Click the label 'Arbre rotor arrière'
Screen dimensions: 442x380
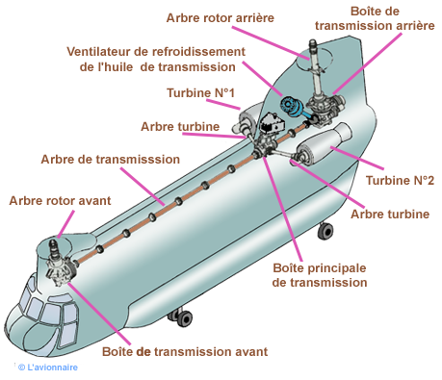point(221,18)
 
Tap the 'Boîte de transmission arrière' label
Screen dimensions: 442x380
point(375,18)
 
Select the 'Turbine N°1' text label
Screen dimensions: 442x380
point(200,93)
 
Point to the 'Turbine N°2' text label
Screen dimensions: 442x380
point(400,181)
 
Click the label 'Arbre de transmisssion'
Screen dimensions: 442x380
point(111,160)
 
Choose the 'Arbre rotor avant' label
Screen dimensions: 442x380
point(60,201)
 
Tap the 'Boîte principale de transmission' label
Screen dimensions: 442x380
point(320,275)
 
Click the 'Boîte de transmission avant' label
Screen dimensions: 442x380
point(185,352)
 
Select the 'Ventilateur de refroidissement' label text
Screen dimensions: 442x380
point(156,52)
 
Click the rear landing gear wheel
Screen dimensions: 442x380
point(325,231)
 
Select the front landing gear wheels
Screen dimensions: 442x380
point(182,317)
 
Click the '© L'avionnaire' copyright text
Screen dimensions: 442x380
point(48,367)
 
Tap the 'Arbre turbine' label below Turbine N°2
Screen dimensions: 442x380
point(390,215)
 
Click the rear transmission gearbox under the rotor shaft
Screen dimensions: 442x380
point(325,109)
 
